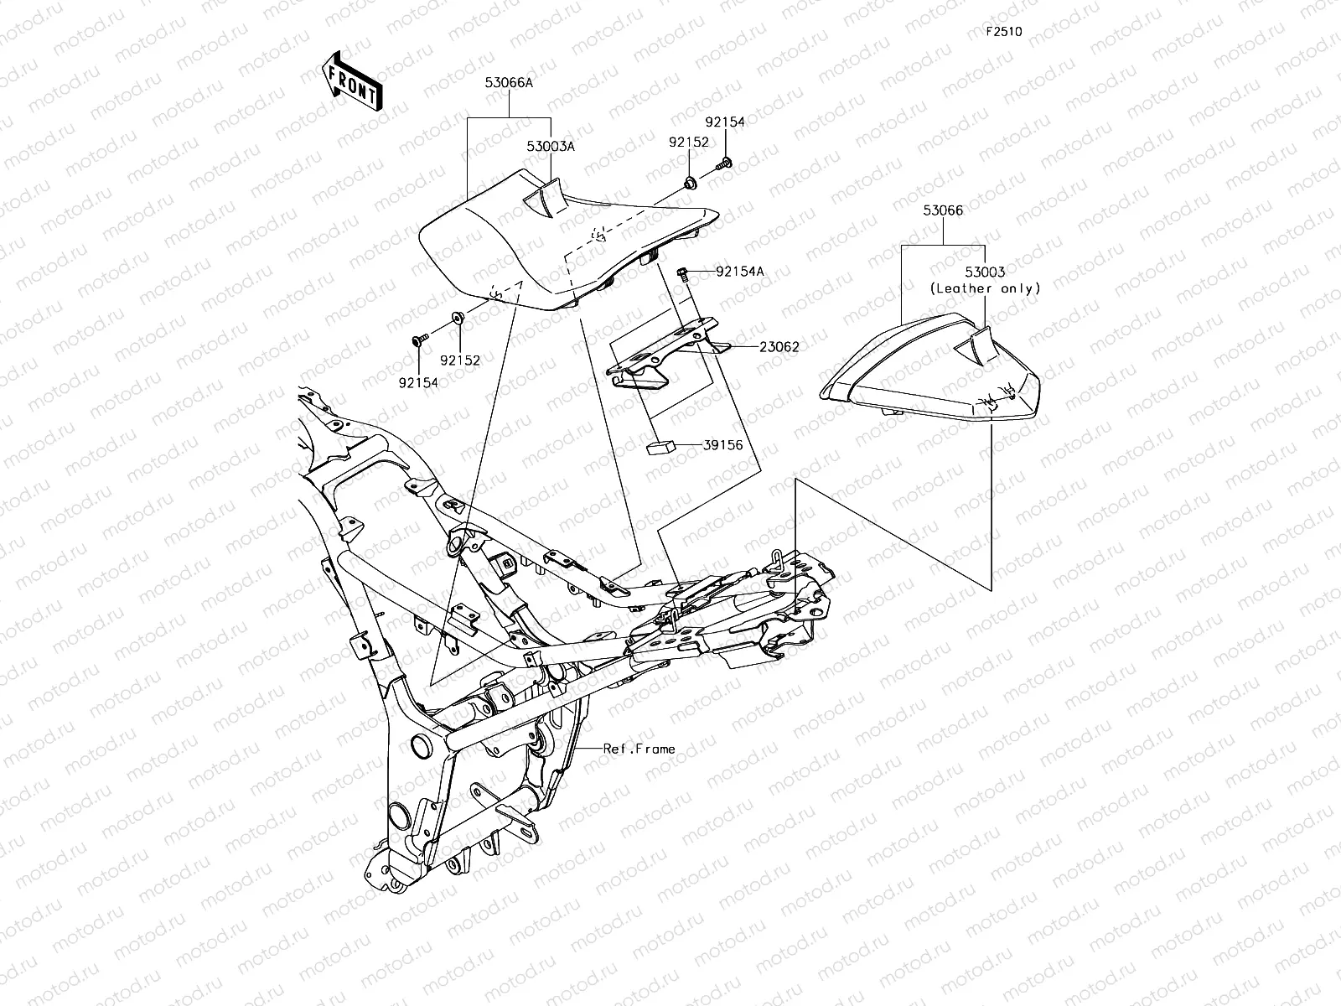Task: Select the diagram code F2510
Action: click(x=1003, y=32)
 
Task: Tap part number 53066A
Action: click(x=509, y=83)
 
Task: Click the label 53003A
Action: click(x=551, y=146)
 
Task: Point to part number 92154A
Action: click(x=739, y=271)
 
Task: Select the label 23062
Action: click(x=779, y=345)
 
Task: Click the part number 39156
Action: click(x=722, y=446)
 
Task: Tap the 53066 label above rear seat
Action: click(x=943, y=211)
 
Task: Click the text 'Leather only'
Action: click(x=985, y=288)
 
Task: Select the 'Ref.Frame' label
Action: click(x=639, y=749)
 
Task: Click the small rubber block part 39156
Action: click(x=660, y=445)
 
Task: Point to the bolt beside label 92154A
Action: click(x=683, y=272)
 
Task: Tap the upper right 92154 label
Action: click(x=724, y=122)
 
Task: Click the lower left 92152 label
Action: click(x=460, y=360)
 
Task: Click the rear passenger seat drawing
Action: click(x=930, y=369)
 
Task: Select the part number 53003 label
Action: click(x=985, y=273)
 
